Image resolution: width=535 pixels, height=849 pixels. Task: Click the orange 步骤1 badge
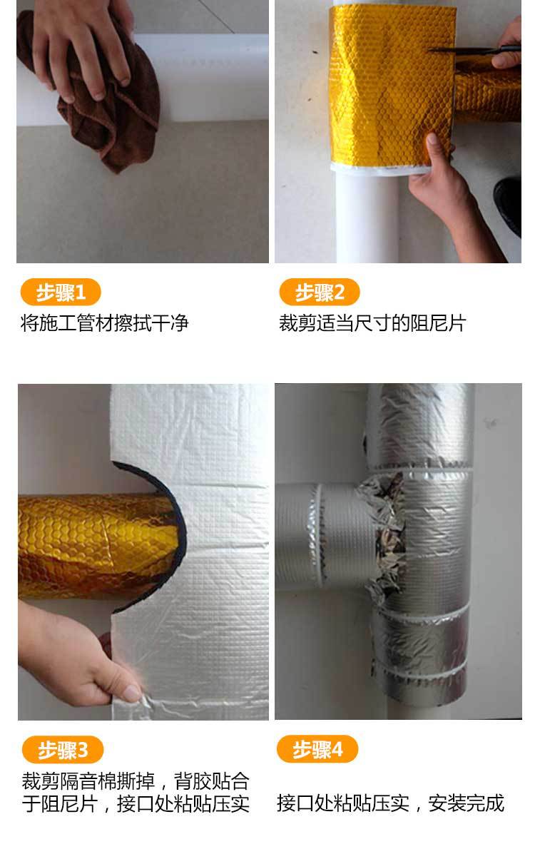click(60, 293)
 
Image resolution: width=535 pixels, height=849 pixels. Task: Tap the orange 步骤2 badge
click(319, 293)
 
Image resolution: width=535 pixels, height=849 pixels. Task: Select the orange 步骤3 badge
click(63, 750)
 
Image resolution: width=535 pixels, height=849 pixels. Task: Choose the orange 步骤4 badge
click(317, 750)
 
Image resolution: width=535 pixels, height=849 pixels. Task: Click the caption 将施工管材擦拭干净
click(104, 323)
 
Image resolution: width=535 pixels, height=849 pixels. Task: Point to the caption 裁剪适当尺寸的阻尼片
click(372, 323)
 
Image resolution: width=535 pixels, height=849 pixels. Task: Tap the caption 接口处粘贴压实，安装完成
click(390, 803)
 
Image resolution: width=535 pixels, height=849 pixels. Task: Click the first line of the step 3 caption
click(135, 781)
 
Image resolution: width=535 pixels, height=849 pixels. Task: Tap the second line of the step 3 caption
click(135, 804)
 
